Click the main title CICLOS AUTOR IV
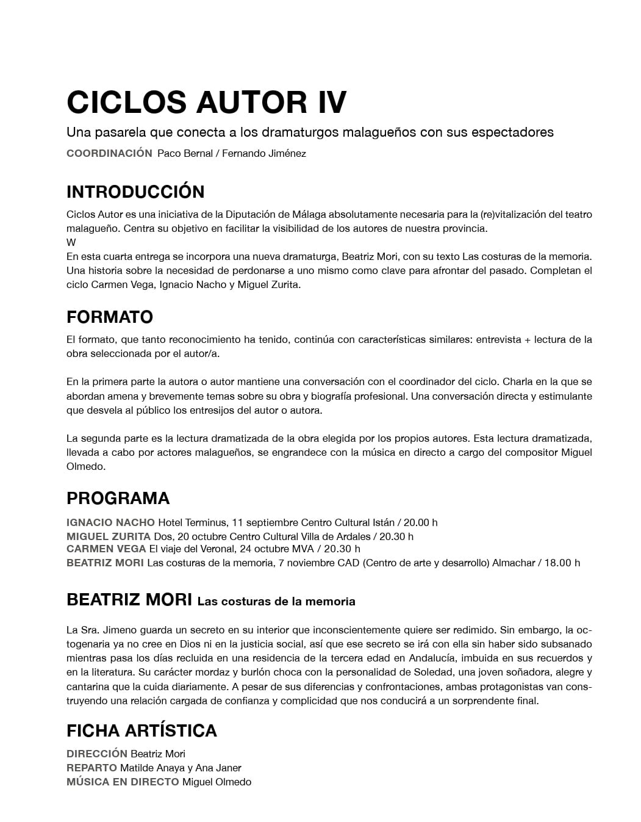tap(206, 102)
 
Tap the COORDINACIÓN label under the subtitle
tap(109, 153)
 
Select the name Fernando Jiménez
tap(263, 154)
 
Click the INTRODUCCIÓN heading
tap(135, 192)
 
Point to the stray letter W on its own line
tap(71, 242)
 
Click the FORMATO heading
tap(110, 317)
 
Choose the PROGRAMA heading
tap(118, 499)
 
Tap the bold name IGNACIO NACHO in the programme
tap(110, 522)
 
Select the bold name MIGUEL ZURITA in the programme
tap(109, 536)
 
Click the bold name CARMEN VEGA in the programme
tap(106, 549)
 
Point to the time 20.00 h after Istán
tap(420, 522)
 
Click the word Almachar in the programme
tap(514, 563)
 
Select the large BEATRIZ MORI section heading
tap(129, 599)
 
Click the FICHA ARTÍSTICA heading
tap(141, 730)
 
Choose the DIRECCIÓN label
tap(97, 754)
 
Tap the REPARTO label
tap(91, 768)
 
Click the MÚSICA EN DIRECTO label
tap(123, 782)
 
